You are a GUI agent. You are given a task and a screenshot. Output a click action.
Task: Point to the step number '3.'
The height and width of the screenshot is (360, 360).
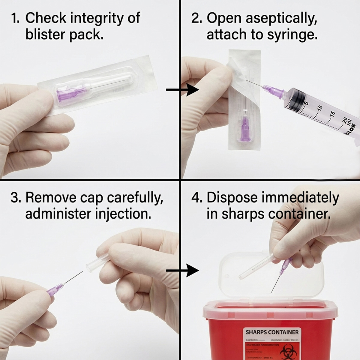[16, 198]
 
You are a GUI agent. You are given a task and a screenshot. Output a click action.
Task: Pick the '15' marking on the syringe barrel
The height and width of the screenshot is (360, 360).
[332, 114]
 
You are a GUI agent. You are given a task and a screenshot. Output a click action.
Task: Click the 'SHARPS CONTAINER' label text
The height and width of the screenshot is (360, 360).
[272, 332]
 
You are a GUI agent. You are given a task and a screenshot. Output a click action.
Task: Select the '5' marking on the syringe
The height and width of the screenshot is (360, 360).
[306, 103]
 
